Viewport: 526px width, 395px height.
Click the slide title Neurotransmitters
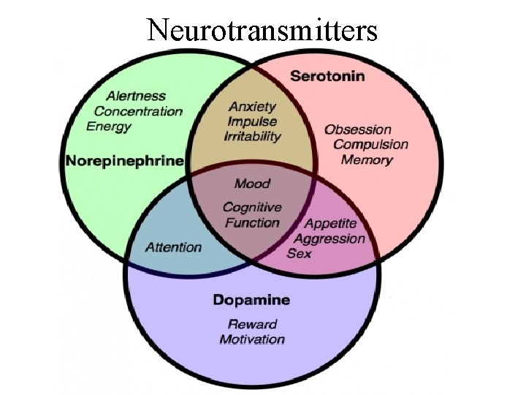(262, 30)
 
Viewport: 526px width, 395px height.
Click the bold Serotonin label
(328, 75)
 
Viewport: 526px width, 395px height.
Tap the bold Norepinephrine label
(124, 160)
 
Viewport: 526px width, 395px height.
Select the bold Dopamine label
(251, 299)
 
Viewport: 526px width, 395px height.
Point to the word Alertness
(136, 96)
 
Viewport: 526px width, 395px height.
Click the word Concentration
(138, 111)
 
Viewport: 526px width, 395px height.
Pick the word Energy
(109, 127)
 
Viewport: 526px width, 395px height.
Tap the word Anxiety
(253, 106)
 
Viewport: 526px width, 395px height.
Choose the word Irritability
(252, 137)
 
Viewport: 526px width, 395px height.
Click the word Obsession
(358, 129)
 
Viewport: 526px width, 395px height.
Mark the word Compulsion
(370, 144)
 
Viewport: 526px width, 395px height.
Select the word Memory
(367, 159)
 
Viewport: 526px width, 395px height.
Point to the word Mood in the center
(252, 183)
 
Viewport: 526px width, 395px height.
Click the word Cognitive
(252, 208)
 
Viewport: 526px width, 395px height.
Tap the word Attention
(173, 247)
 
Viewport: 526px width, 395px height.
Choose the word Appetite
(330, 223)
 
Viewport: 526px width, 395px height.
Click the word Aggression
(329, 238)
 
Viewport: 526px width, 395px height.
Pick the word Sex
(299, 253)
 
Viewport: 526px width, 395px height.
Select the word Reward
(252, 324)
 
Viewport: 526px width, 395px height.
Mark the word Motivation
(252, 339)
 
